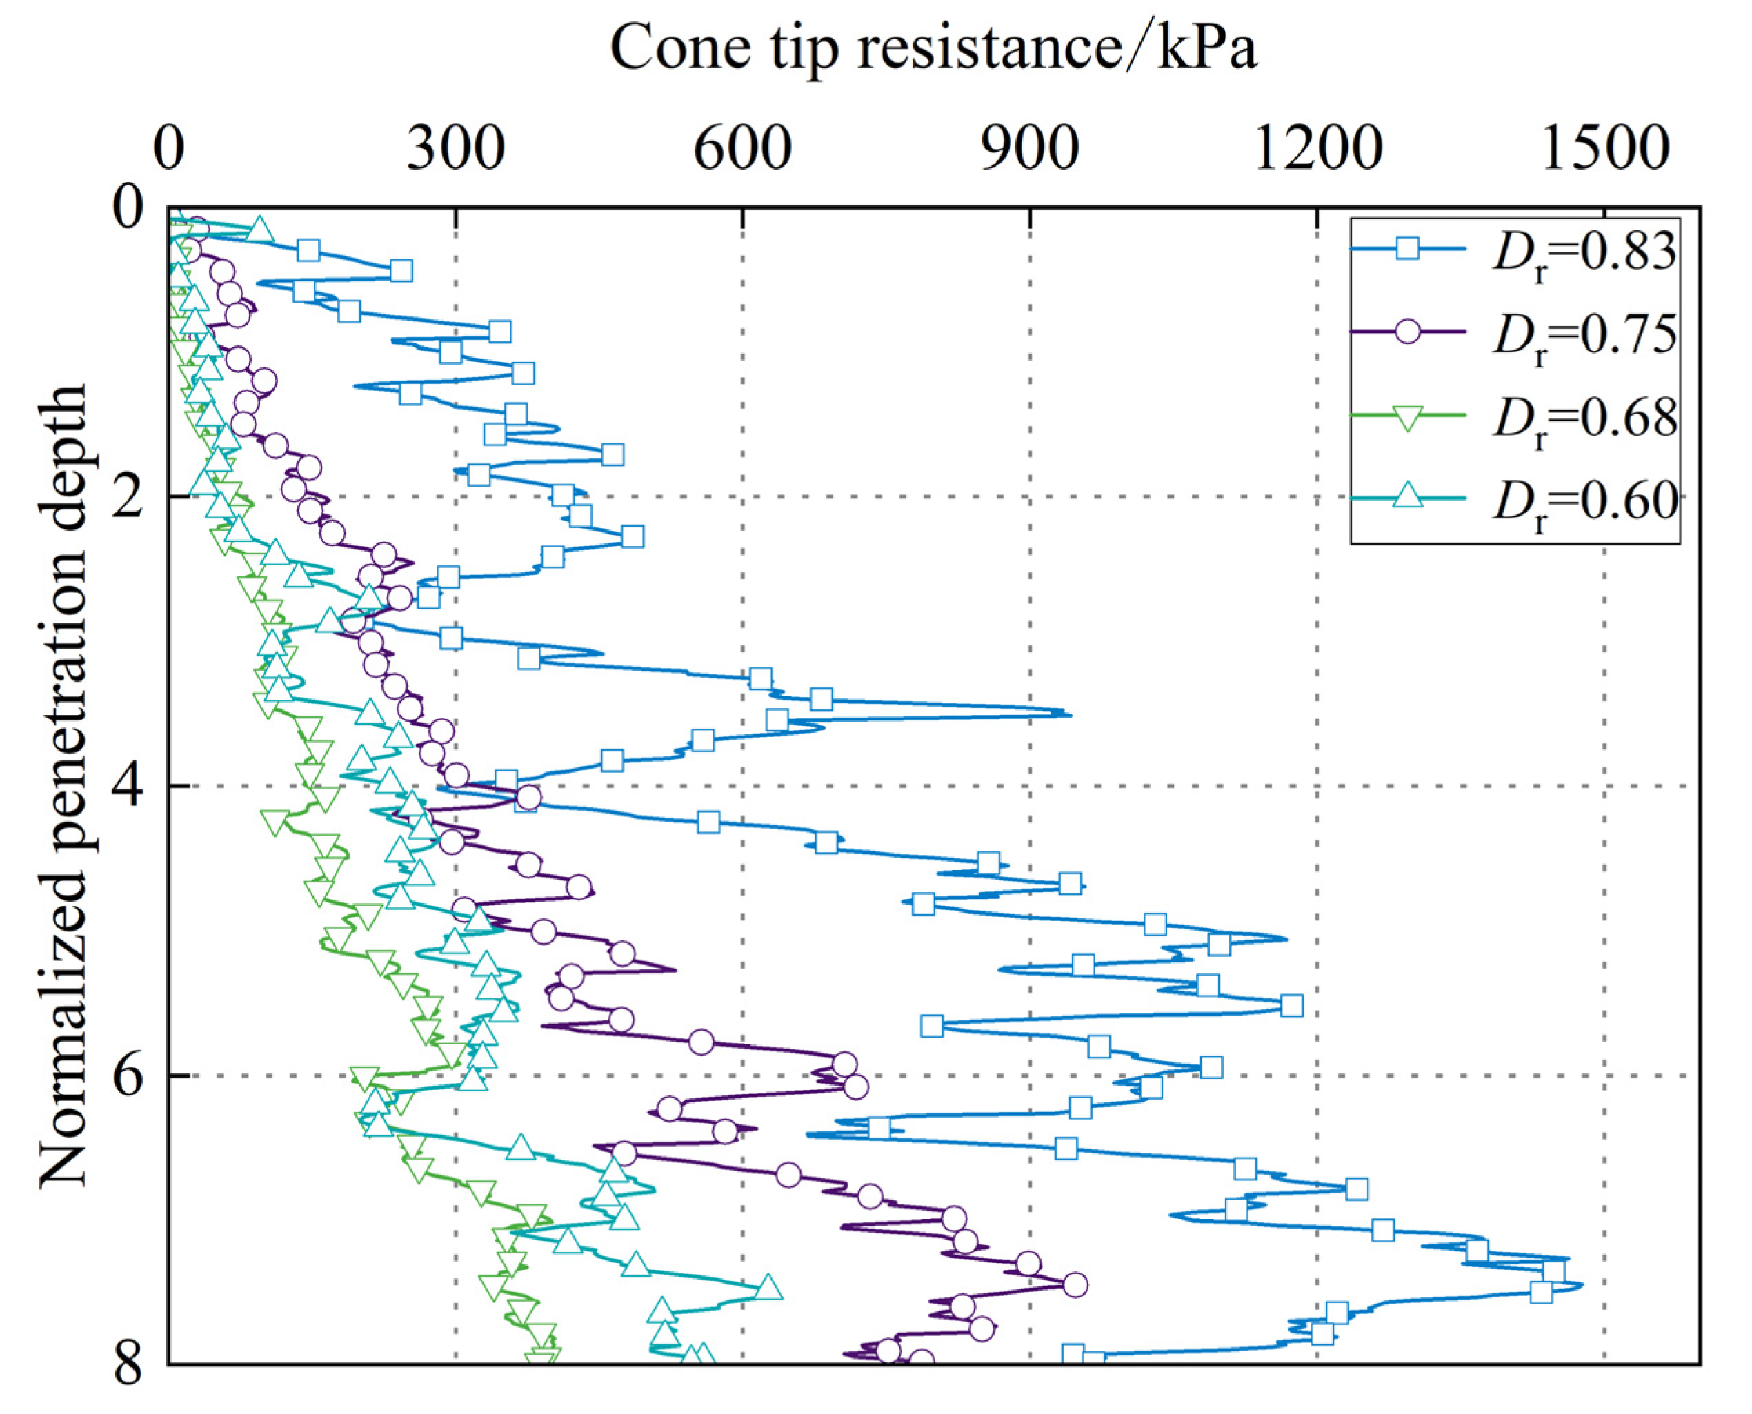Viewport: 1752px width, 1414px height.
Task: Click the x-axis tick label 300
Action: pyautogui.click(x=455, y=150)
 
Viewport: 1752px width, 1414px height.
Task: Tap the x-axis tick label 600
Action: pyautogui.click(x=742, y=150)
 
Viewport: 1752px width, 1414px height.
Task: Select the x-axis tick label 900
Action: pyautogui.click(x=1030, y=150)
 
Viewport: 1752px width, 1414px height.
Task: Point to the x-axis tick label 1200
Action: pyautogui.click(x=1317, y=150)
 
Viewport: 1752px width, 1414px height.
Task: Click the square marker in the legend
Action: pyautogui.click(x=1407, y=248)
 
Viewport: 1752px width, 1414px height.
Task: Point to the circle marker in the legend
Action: pyautogui.click(x=1407, y=331)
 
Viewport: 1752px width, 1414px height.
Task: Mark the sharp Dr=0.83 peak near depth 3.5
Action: pyautogui.click(x=1069, y=714)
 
